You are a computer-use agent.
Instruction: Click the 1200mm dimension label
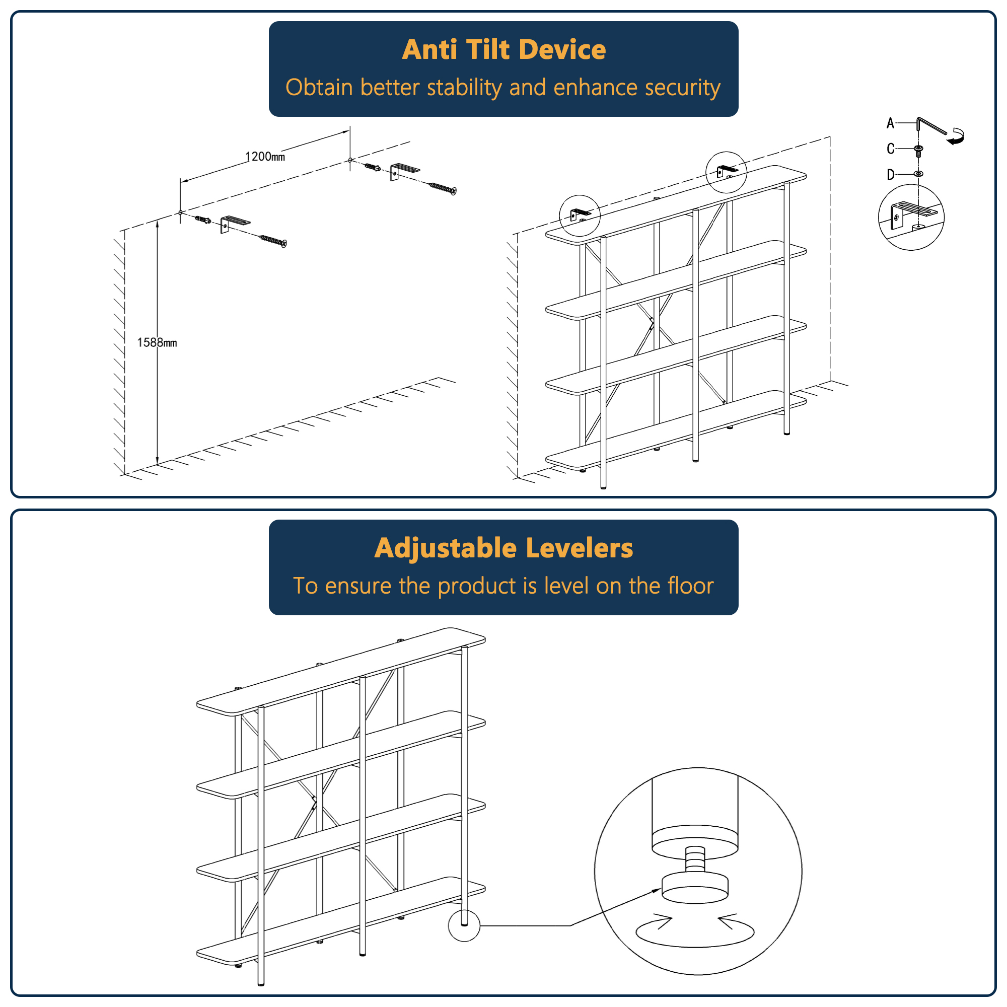click(265, 157)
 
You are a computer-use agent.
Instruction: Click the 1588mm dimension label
click(157, 342)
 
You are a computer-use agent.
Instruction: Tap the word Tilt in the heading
click(488, 49)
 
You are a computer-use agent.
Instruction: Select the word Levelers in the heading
click(579, 548)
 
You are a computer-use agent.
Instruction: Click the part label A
click(890, 123)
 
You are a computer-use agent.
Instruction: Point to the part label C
click(890, 149)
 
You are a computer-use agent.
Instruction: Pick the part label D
click(890, 175)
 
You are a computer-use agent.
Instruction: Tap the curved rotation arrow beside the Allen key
click(957, 136)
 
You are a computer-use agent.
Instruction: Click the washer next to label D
click(918, 174)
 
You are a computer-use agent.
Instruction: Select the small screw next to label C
click(918, 151)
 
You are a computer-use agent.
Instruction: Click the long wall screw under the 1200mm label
click(272, 240)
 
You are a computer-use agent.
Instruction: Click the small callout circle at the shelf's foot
click(464, 926)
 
